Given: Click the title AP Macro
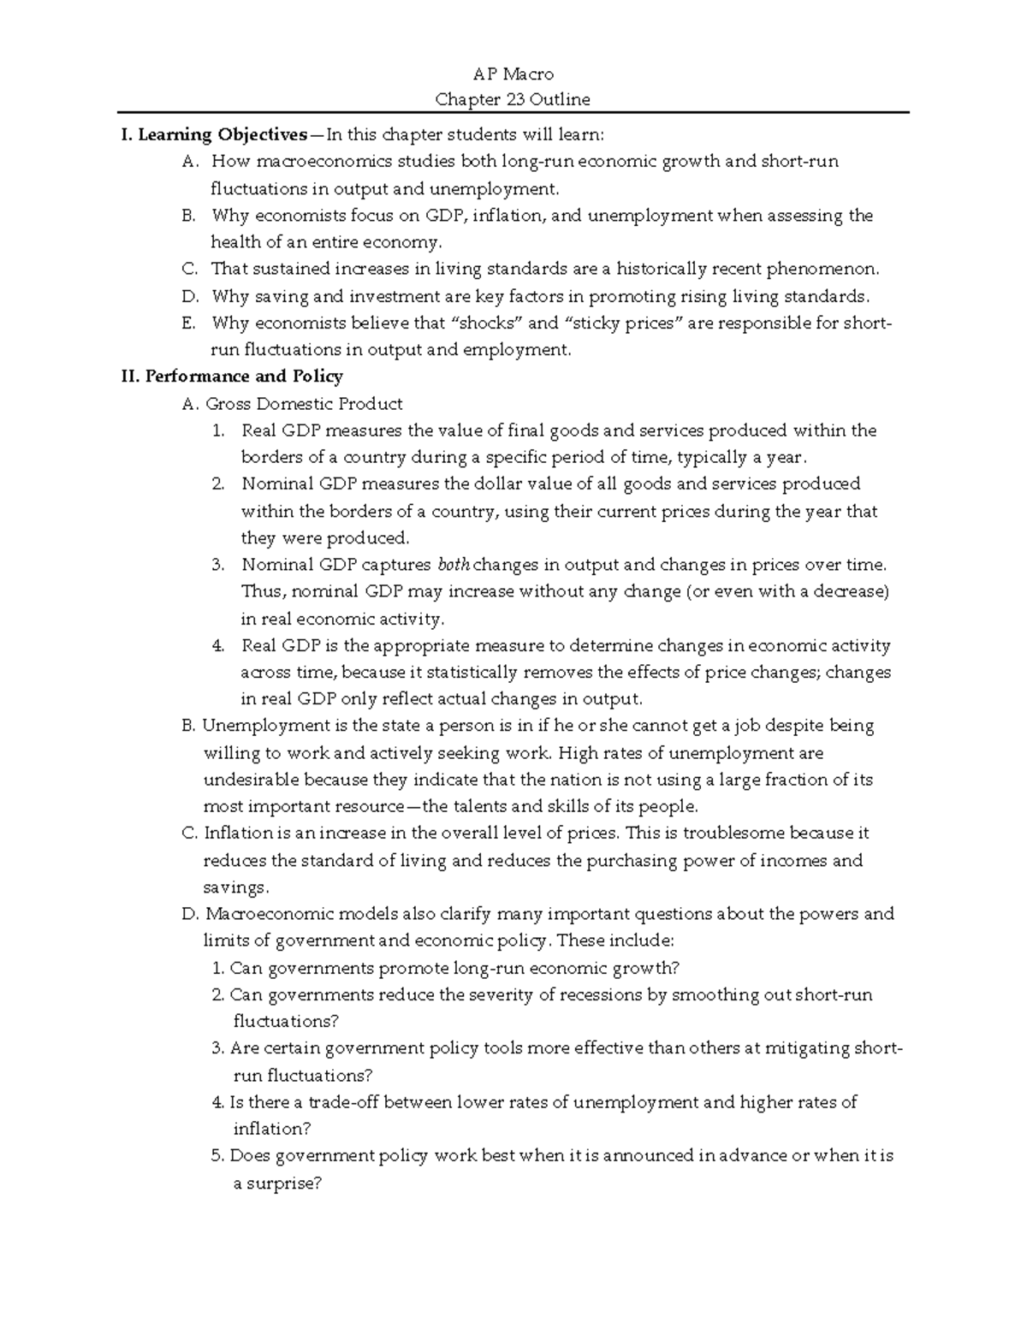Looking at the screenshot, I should (x=513, y=74).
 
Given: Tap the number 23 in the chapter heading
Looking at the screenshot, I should (x=516, y=99).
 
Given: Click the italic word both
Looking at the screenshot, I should (x=454, y=565).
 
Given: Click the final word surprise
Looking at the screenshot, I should (x=283, y=1184).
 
